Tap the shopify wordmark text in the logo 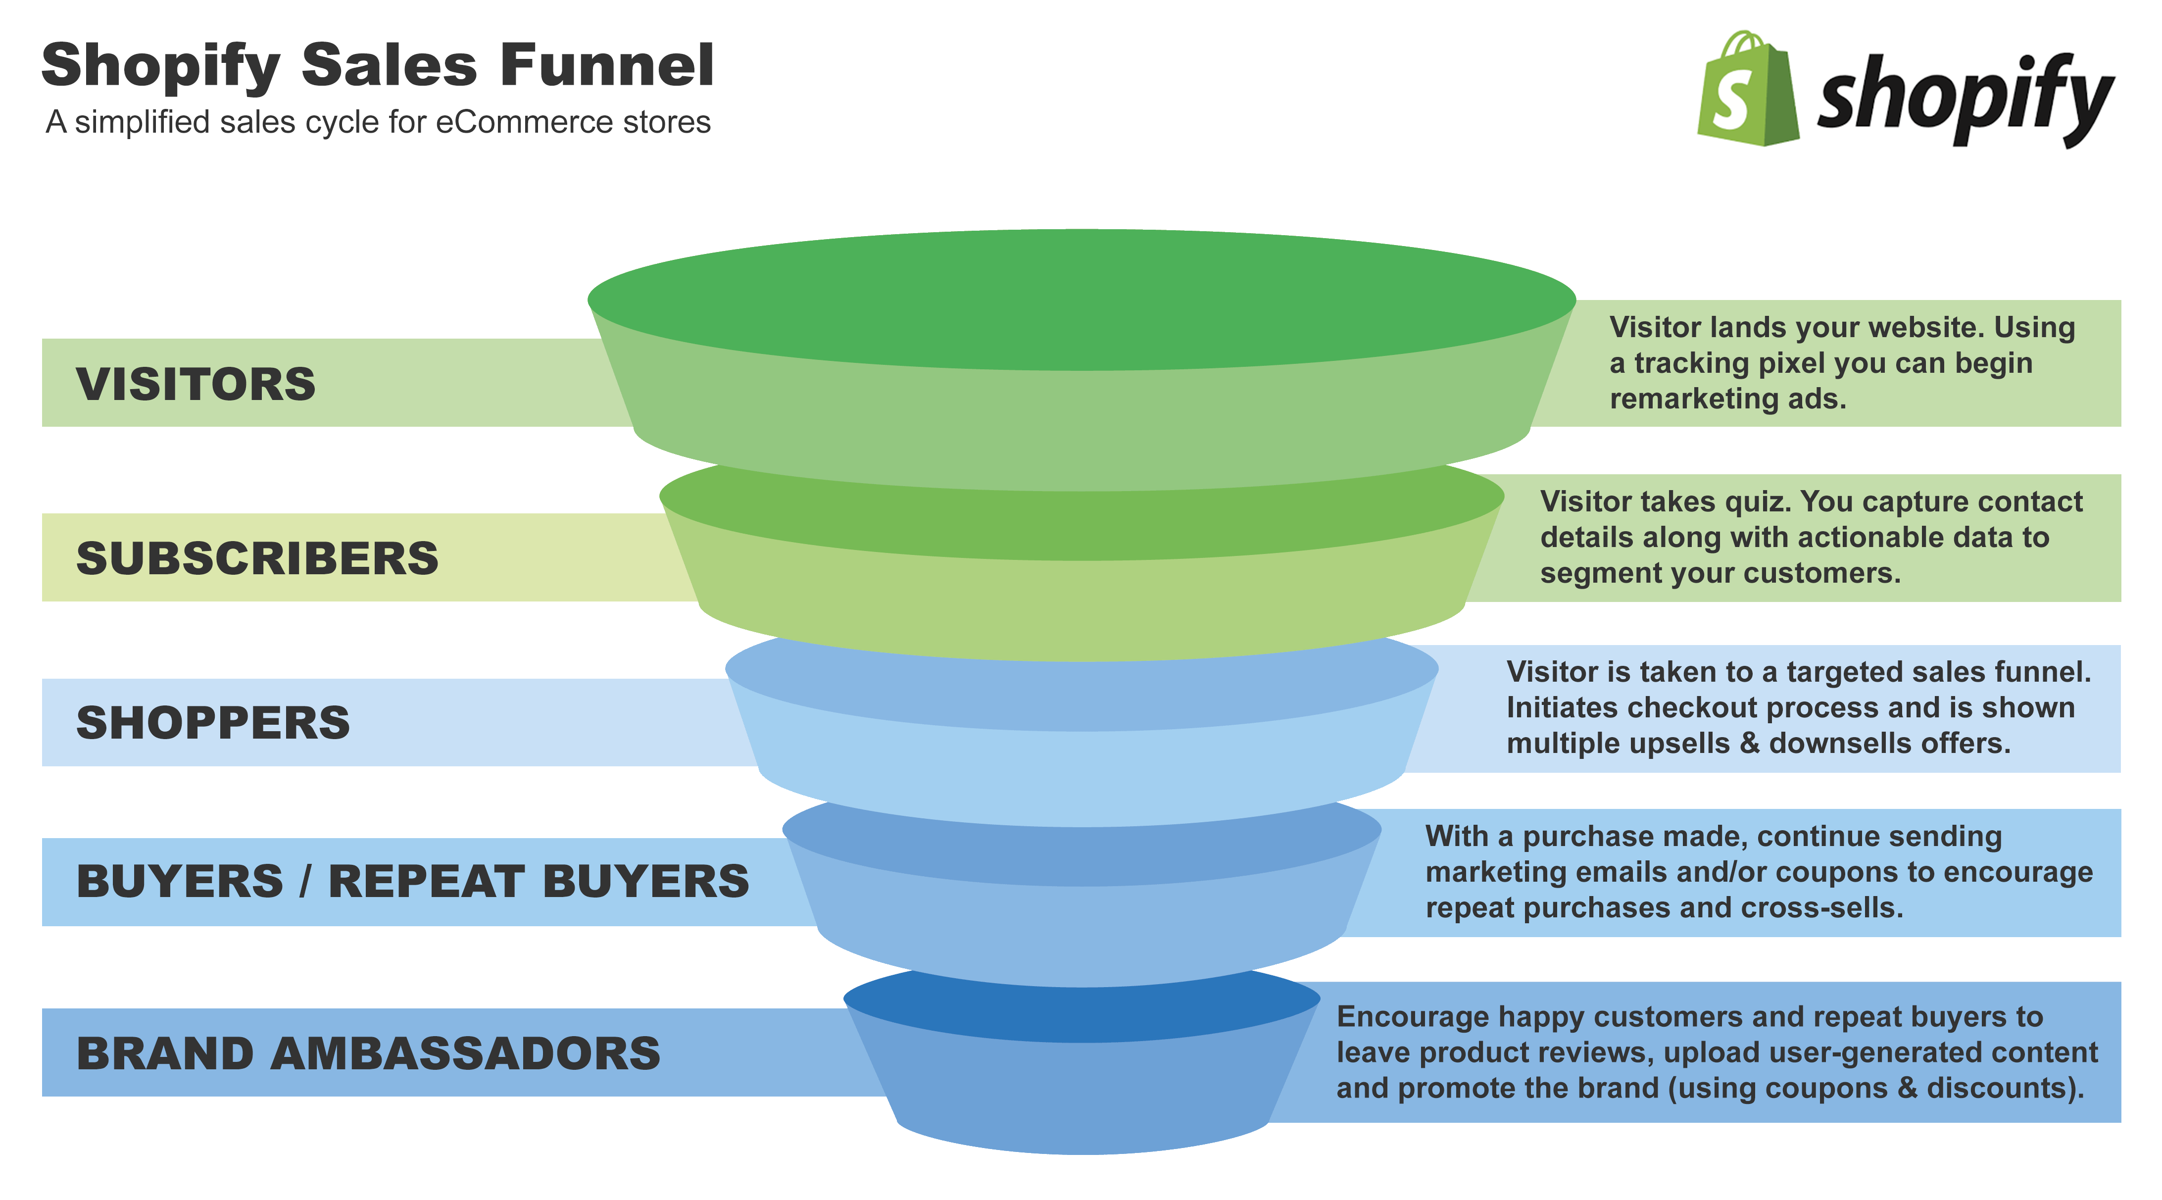1964,99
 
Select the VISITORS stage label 196,384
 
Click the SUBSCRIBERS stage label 257,558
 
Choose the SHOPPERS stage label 213,722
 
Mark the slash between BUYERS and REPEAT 305,881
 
